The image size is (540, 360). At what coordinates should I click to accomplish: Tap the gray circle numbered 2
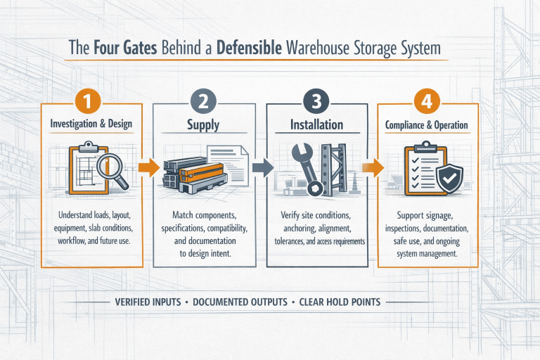202,101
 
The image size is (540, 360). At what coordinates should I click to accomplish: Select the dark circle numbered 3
316,101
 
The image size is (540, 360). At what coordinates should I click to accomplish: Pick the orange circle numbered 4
427,101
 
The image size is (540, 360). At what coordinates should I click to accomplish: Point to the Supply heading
202,125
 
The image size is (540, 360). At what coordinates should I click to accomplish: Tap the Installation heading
316,125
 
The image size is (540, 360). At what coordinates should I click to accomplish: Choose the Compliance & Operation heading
428,125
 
